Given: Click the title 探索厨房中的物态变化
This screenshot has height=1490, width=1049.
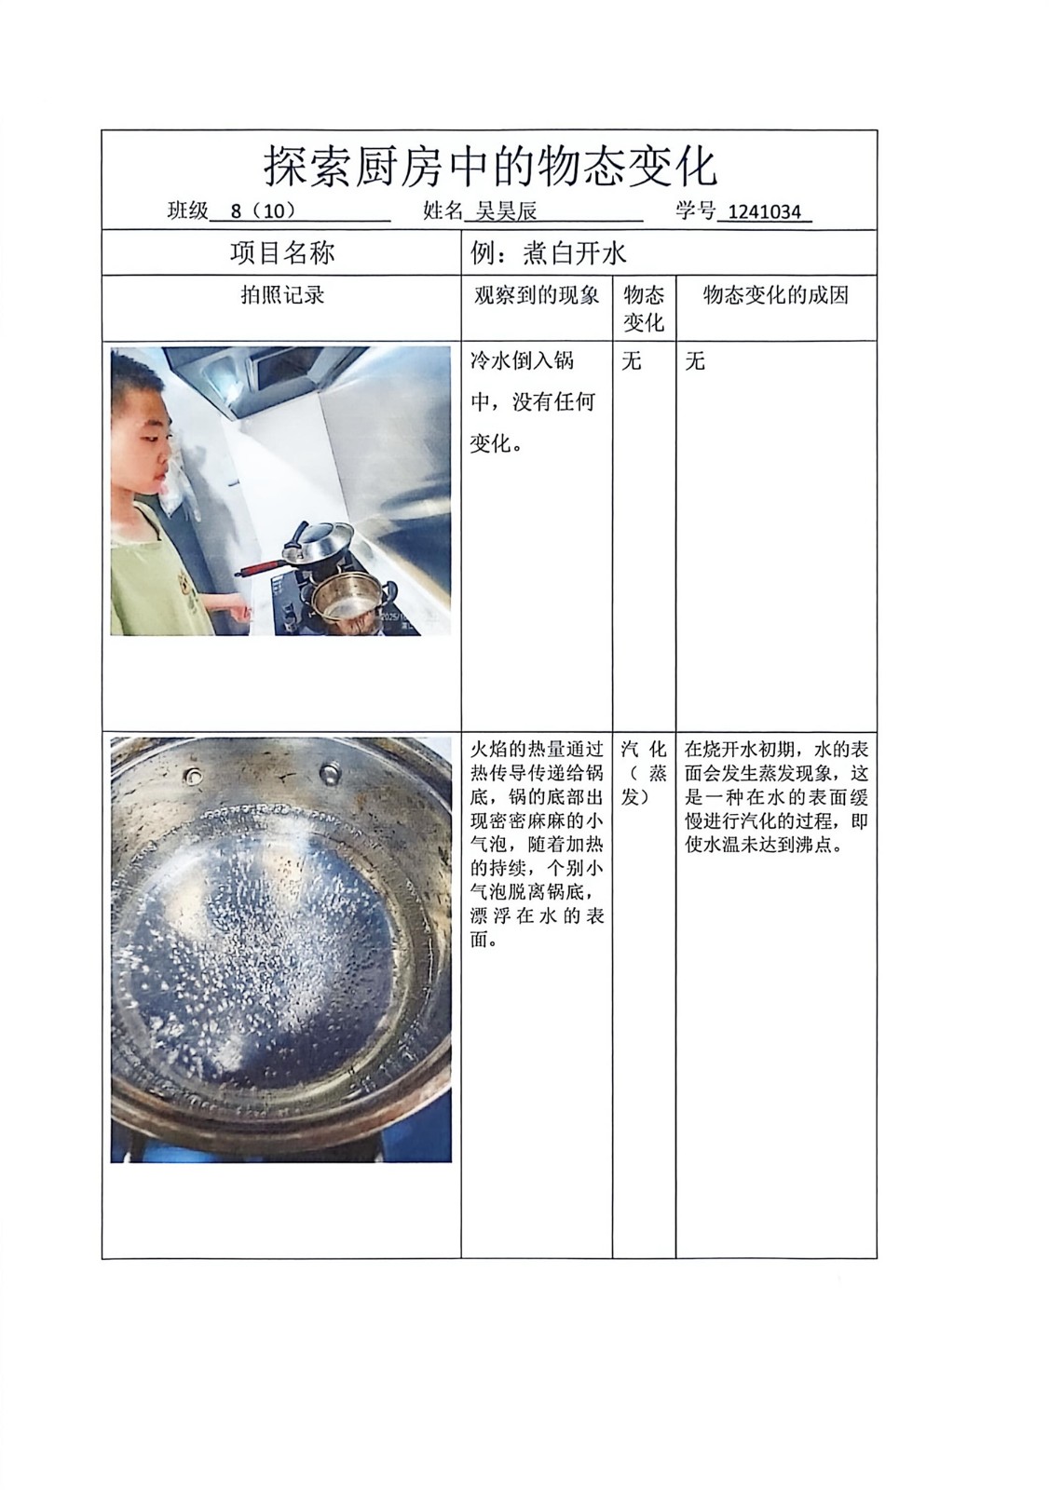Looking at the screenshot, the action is tap(491, 166).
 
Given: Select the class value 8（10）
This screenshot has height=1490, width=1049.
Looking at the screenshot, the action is tap(263, 210).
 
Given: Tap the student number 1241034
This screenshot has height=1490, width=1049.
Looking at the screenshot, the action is tap(764, 211).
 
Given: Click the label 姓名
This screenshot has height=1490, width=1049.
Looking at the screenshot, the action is tap(442, 210).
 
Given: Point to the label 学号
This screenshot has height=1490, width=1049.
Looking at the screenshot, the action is tap(695, 210).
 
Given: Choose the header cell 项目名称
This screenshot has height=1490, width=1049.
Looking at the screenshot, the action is tap(281, 252).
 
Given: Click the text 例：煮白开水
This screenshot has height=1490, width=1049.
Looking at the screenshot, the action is tap(548, 252).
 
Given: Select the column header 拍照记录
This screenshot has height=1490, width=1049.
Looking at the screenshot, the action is tap(281, 295).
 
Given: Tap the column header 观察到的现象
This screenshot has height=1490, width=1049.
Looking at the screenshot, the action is tap(536, 295).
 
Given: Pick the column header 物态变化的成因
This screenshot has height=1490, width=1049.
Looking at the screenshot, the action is tap(776, 295).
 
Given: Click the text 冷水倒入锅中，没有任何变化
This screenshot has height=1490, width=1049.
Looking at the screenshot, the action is tap(532, 401).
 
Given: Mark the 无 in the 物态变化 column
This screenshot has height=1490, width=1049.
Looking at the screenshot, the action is tap(631, 361).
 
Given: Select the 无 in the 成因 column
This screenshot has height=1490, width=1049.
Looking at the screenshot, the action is tap(695, 361).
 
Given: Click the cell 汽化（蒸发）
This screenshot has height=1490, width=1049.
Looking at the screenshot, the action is tap(644, 773).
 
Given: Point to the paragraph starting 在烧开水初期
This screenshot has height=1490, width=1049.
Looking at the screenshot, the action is tap(776, 797).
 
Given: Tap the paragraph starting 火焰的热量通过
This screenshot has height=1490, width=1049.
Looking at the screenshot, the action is tap(537, 845).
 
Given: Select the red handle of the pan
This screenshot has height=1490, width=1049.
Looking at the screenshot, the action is tap(258, 568).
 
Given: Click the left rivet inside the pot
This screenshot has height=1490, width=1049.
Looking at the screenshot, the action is tap(195, 774).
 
